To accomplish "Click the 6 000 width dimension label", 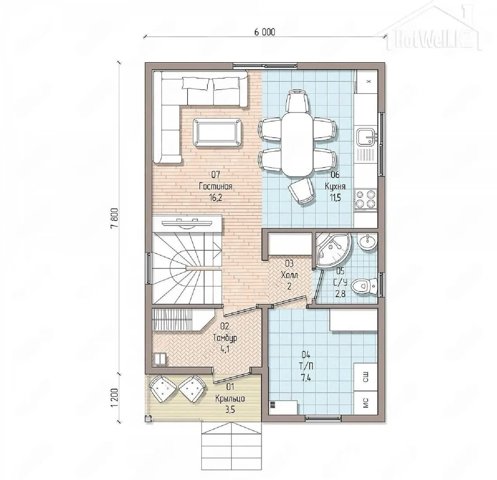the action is coord(264,33).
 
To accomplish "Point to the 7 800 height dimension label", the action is coord(115,218).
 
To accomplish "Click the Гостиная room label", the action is coord(215,186).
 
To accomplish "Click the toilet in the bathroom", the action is coord(364,286).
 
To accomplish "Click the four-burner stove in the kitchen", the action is coord(365,199).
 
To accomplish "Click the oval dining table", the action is coord(297,144).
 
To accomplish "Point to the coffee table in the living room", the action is coord(217,132).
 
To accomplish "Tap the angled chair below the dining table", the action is coord(301,191).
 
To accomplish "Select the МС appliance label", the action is coord(365,402).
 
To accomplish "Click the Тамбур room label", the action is coord(225,338).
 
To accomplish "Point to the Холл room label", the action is coord(289,276).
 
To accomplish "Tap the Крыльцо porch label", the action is coord(230,398).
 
